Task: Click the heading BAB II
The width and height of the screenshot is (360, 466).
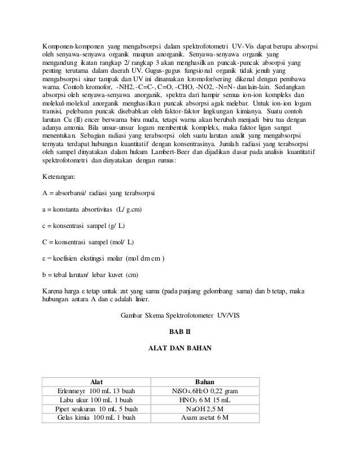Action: click(x=180, y=331)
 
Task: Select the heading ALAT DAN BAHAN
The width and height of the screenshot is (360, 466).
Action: click(x=180, y=348)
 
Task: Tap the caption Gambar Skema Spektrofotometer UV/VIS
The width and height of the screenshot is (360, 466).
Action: click(x=180, y=314)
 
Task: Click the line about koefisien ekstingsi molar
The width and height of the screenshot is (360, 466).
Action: click(x=104, y=258)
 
